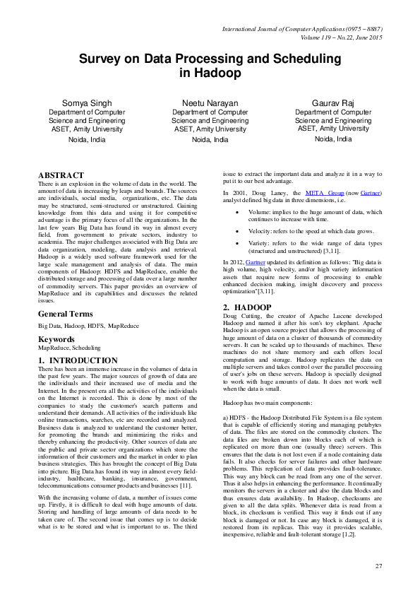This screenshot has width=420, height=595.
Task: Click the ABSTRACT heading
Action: [61, 175]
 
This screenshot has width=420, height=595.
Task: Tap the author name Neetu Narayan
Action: [210, 103]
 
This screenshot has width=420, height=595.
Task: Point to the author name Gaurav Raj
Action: [333, 103]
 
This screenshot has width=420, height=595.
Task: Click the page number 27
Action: [378, 566]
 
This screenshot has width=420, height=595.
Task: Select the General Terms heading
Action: [68, 313]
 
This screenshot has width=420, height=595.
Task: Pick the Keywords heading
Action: [56, 339]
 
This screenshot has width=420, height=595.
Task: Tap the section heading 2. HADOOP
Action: [247, 307]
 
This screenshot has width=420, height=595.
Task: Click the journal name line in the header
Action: [302, 28]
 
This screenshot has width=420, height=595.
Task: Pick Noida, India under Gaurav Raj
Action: [333, 139]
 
